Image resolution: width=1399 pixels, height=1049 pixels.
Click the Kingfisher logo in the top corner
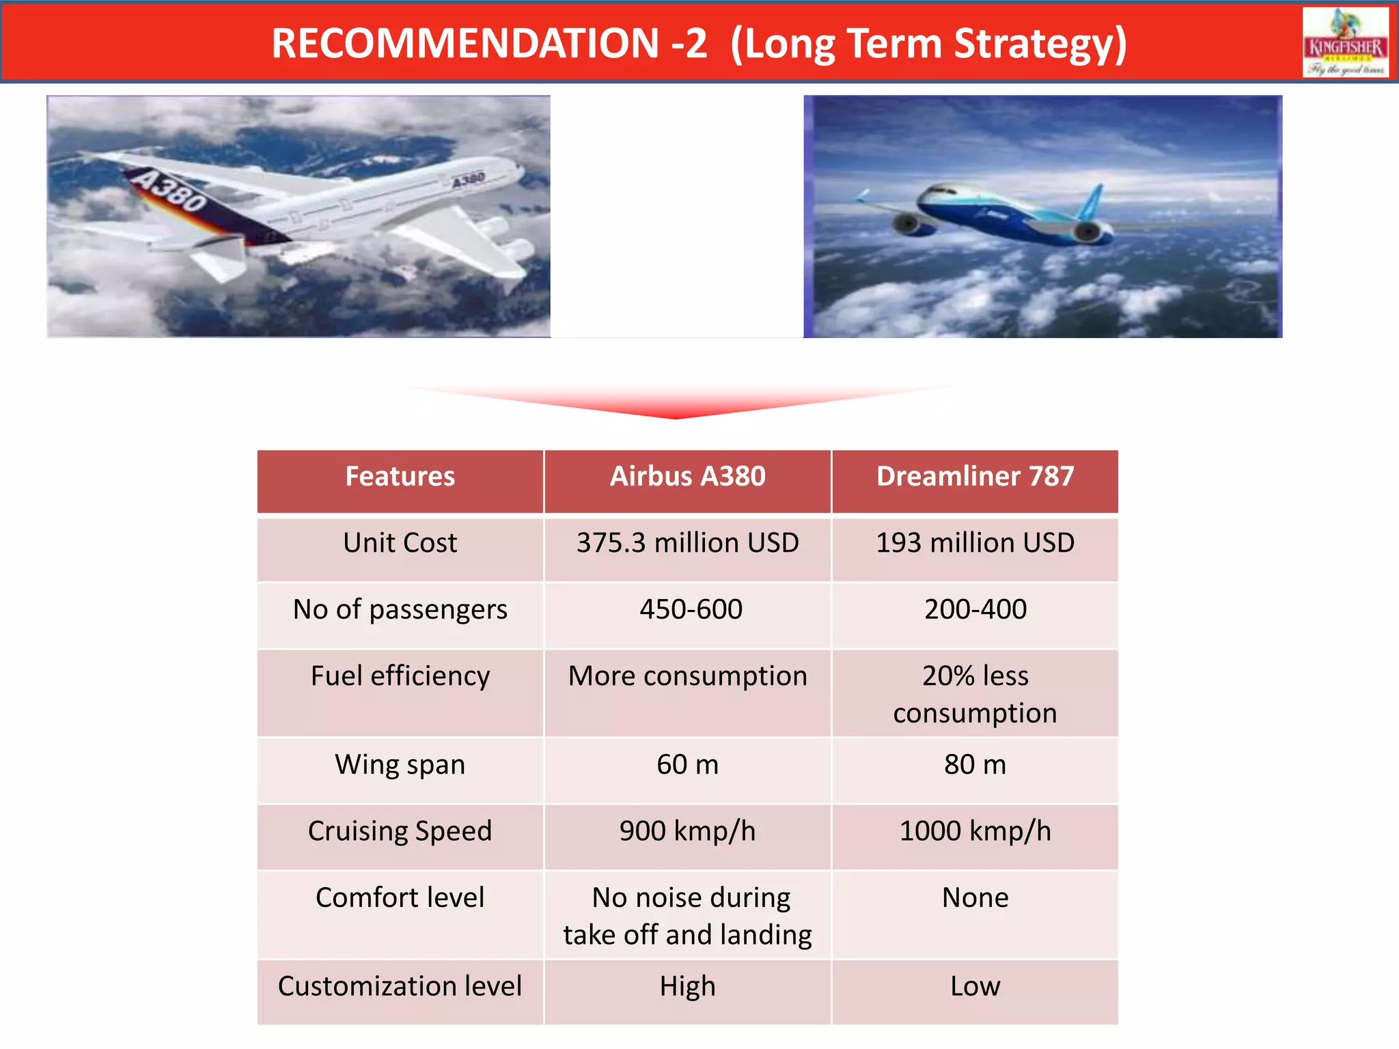click(x=1345, y=42)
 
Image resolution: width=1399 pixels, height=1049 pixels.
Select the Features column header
click(x=400, y=477)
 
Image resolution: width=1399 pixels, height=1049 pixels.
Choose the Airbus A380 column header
click(x=687, y=477)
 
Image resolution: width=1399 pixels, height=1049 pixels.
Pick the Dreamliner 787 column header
click(x=975, y=477)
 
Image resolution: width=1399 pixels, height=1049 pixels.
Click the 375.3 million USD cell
click(x=687, y=543)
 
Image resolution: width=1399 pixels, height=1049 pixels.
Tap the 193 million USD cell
click(x=975, y=543)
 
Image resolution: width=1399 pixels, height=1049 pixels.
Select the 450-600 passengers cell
click(x=690, y=609)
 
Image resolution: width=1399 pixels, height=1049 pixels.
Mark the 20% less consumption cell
click(x=975, y=694)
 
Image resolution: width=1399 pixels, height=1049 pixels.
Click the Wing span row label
click(x=400, y=765)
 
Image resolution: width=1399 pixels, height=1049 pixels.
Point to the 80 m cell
click(x=975, y=765)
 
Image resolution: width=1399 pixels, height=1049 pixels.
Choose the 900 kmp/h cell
click(x=687, y=831)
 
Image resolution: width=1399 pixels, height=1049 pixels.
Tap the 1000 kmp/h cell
click(x=975, y=831)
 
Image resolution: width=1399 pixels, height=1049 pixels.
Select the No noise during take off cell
click(x=687, y=916)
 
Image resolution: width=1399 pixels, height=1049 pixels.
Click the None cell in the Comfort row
click(x=975, y=898)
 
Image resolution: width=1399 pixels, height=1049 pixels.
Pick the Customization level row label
click(x=400, y=987)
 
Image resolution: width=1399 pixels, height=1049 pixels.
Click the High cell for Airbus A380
click(x=687, y=987)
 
